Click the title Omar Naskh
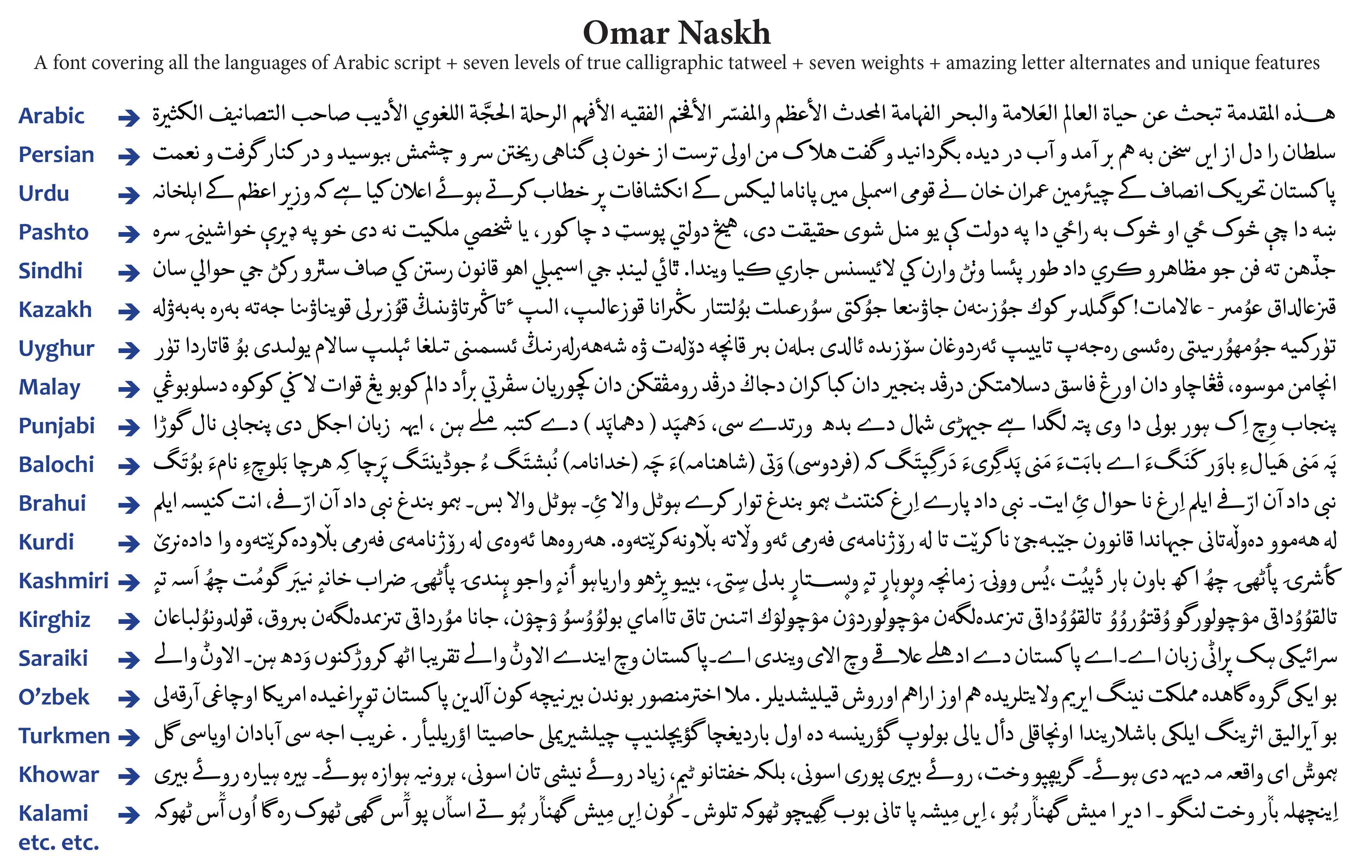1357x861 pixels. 677,33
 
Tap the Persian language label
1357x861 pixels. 56,155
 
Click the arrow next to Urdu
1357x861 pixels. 129,195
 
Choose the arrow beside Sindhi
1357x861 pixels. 129,272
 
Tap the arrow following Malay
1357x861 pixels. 129,389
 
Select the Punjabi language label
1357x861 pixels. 56,426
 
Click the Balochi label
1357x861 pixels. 56,465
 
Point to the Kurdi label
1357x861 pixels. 46,542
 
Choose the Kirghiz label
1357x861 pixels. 54,620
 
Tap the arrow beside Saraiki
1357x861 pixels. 129,660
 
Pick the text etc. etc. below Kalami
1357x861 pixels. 58,842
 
